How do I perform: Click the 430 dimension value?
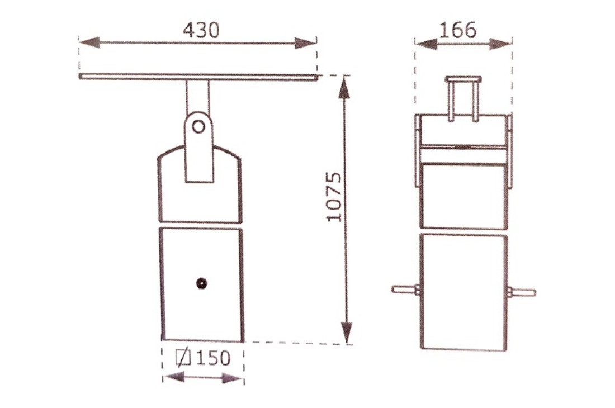(x=201, y=30)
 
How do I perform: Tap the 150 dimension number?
(x=212, y=358)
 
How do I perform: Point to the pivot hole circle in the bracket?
(x=198, y=126)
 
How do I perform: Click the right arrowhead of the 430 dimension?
(x=306, y=43)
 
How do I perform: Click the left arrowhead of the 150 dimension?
(x=173, y=378)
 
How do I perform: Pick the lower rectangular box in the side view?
(x=463, y=292)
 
